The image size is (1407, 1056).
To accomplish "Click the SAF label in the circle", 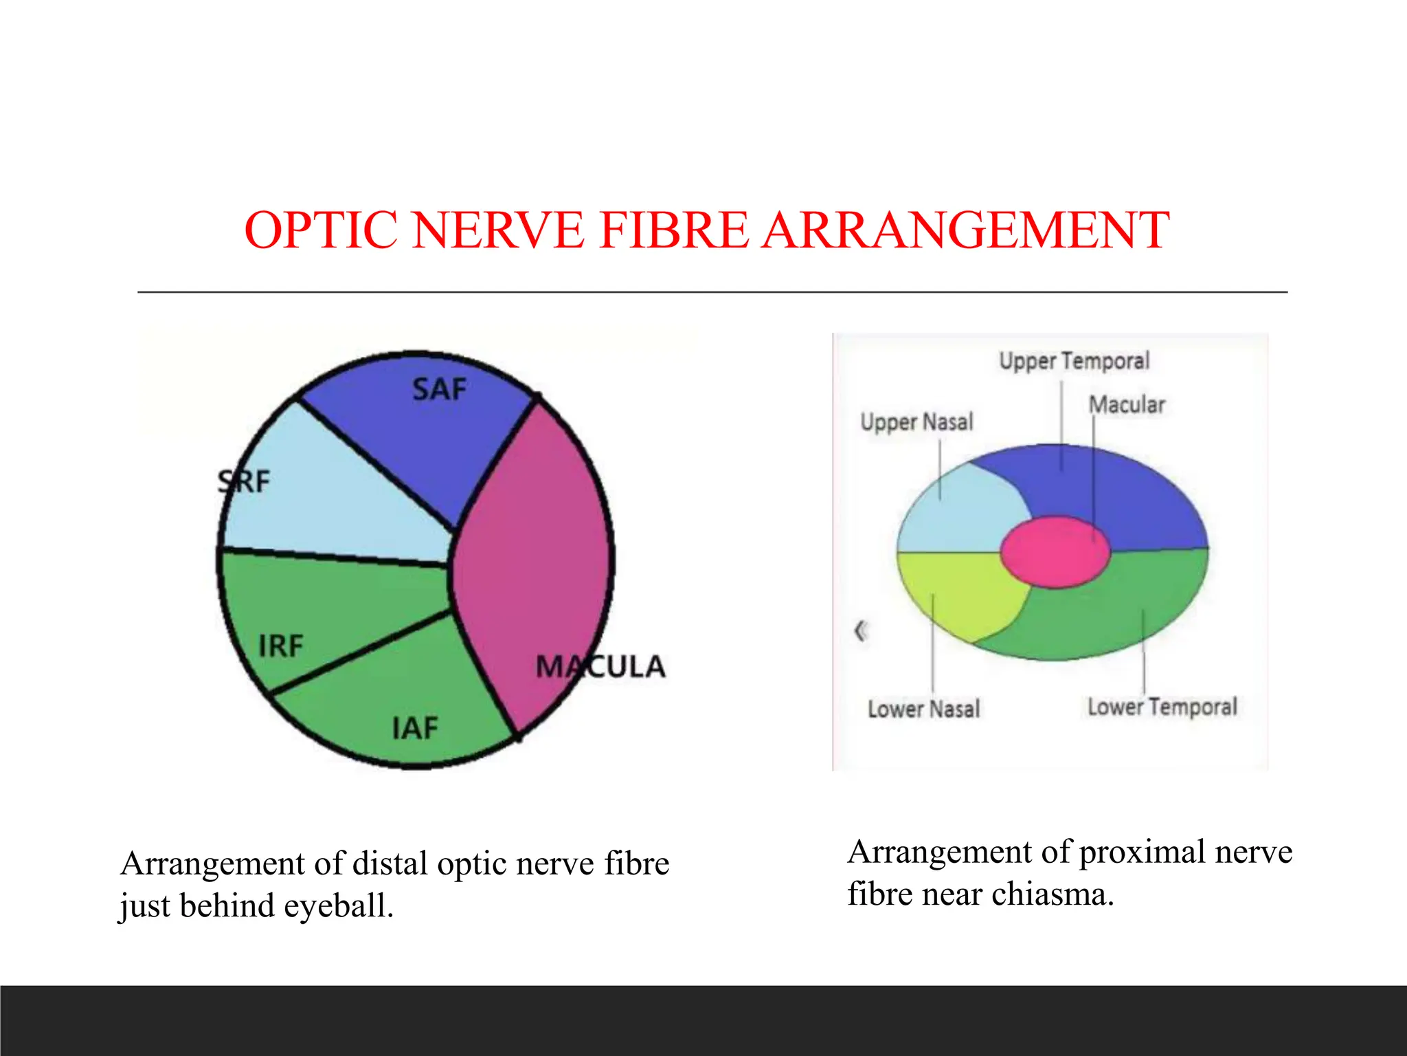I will pos(439,390).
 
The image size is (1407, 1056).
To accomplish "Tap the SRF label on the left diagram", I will pos(245,482).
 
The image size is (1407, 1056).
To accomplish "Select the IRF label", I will pos(280,646).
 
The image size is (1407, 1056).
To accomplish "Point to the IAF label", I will pos(415,728).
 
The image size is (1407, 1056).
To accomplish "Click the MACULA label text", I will pos(600,666).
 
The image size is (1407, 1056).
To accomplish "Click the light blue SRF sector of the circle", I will pos(330,502).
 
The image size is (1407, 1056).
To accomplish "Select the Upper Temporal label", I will pos(1074,361).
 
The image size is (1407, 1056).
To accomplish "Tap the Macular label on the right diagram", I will pos(1127,404).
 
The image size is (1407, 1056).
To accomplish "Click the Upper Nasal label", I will pos(916,421).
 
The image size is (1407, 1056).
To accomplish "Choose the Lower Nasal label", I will pos(923,709).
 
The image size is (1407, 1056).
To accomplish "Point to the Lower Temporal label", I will pos(1162,707).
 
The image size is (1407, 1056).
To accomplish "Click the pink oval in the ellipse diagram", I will pos(1055,551).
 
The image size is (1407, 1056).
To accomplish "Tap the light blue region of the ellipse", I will pos(962,516).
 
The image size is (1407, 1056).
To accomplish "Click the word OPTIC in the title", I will pos(321,230).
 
